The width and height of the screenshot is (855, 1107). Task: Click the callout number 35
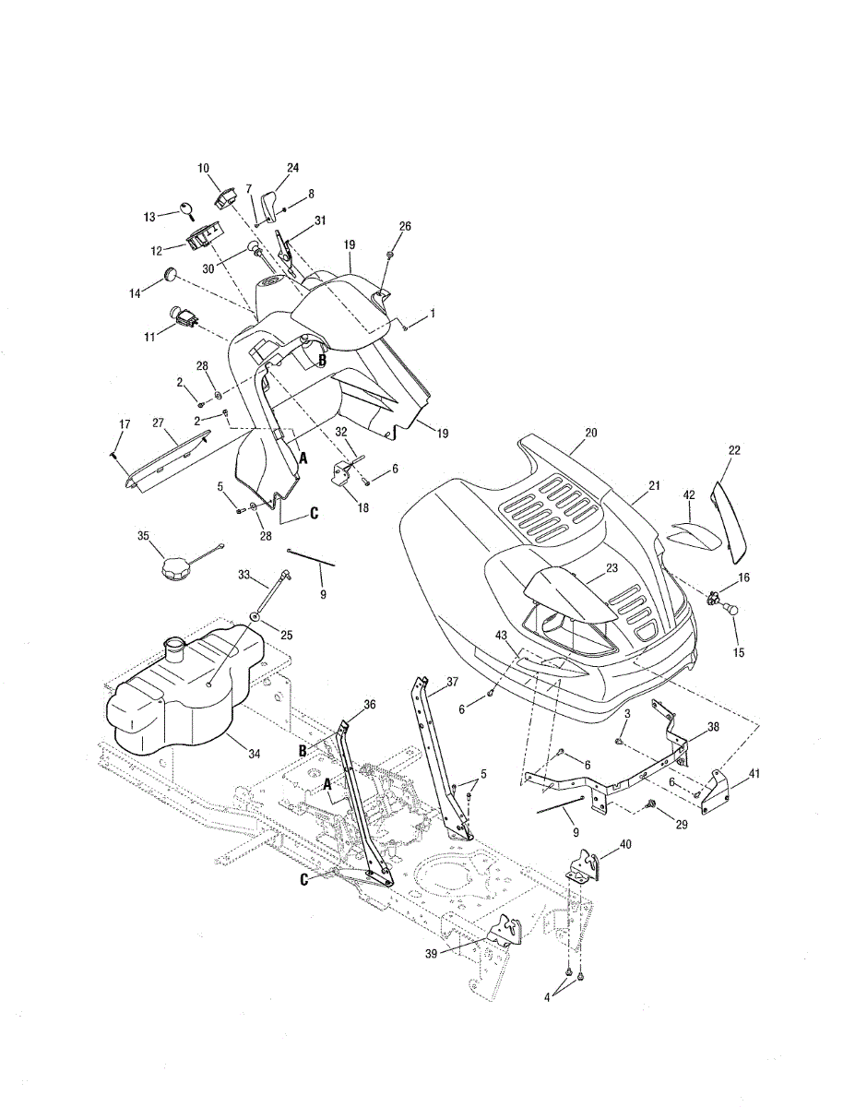(143, 536)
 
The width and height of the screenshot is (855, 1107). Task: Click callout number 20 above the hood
(590, 433)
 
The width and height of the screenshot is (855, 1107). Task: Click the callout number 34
(255, 754)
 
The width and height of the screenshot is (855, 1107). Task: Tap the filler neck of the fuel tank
(173, 649)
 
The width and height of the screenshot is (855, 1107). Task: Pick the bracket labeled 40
(584, 866)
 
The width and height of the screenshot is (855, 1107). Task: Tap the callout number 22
(734, 450)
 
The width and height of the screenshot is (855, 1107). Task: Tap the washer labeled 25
(254, 617)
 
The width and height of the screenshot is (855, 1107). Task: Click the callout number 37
(452, 682)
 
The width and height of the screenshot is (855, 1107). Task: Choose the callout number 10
(203, 168)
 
